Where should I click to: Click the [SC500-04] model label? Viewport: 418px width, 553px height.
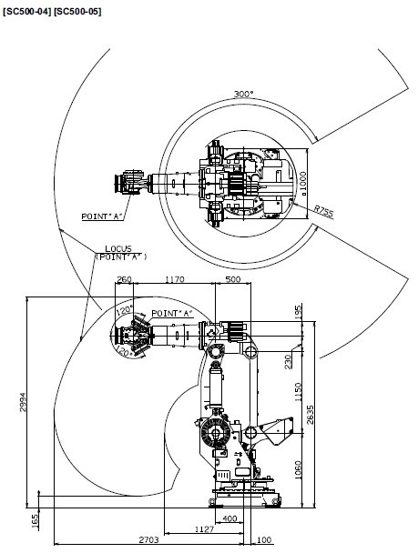point(27,12)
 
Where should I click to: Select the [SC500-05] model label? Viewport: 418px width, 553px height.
point(77,12)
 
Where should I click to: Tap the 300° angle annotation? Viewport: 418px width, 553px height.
point(243,95)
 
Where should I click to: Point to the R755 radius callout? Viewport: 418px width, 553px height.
point(323,212)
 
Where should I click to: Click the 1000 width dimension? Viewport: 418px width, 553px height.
point(302,181)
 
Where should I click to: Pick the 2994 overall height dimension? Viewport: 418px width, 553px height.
point(23,402)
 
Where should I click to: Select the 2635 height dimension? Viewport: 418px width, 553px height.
point(310,415)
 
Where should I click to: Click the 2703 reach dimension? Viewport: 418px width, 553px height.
point(148,540)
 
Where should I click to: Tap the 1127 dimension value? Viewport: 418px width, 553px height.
point(204,529)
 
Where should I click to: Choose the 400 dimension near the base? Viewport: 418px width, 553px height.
point(229,518)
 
